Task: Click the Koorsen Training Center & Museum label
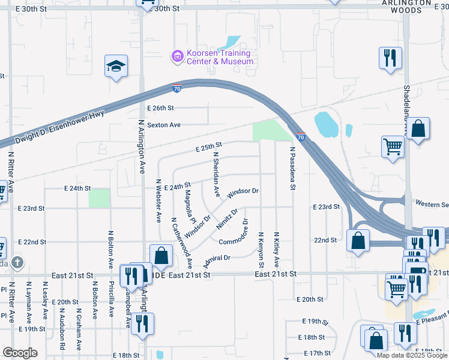click(219, 58)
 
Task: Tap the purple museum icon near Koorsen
click(177, 57)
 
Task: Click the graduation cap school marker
click(116, 66)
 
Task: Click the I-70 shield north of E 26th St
click(176, 88)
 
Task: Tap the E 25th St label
click(208, 146)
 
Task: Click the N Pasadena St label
click(292, 169)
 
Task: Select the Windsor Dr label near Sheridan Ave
click(243, 192)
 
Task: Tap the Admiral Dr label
click(217, 259)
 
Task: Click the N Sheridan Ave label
click(217, 174)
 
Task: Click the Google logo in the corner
click(20, 353)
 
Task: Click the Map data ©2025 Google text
click(412, 355)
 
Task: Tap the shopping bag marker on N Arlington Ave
click(161, 256)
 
